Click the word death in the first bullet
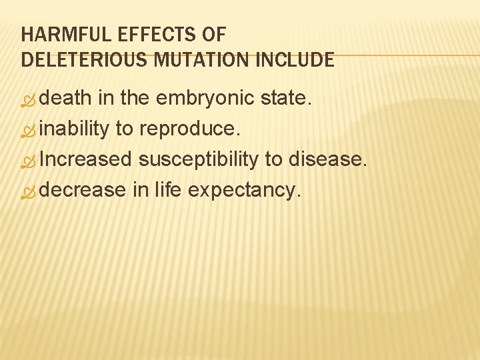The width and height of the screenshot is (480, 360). tap(66, 98)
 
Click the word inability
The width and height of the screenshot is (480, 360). tap(74, 129)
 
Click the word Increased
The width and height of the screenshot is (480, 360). tap(86, 159)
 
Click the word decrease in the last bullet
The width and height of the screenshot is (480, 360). tap(83, 190)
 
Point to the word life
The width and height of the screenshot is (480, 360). tap(168, 190)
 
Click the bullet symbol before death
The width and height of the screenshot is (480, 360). tap(29, 100)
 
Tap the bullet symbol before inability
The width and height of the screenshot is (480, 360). tap(29, 131)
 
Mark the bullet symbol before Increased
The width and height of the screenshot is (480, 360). tap(29, 161)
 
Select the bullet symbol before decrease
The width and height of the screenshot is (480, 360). tap(29, 192)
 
